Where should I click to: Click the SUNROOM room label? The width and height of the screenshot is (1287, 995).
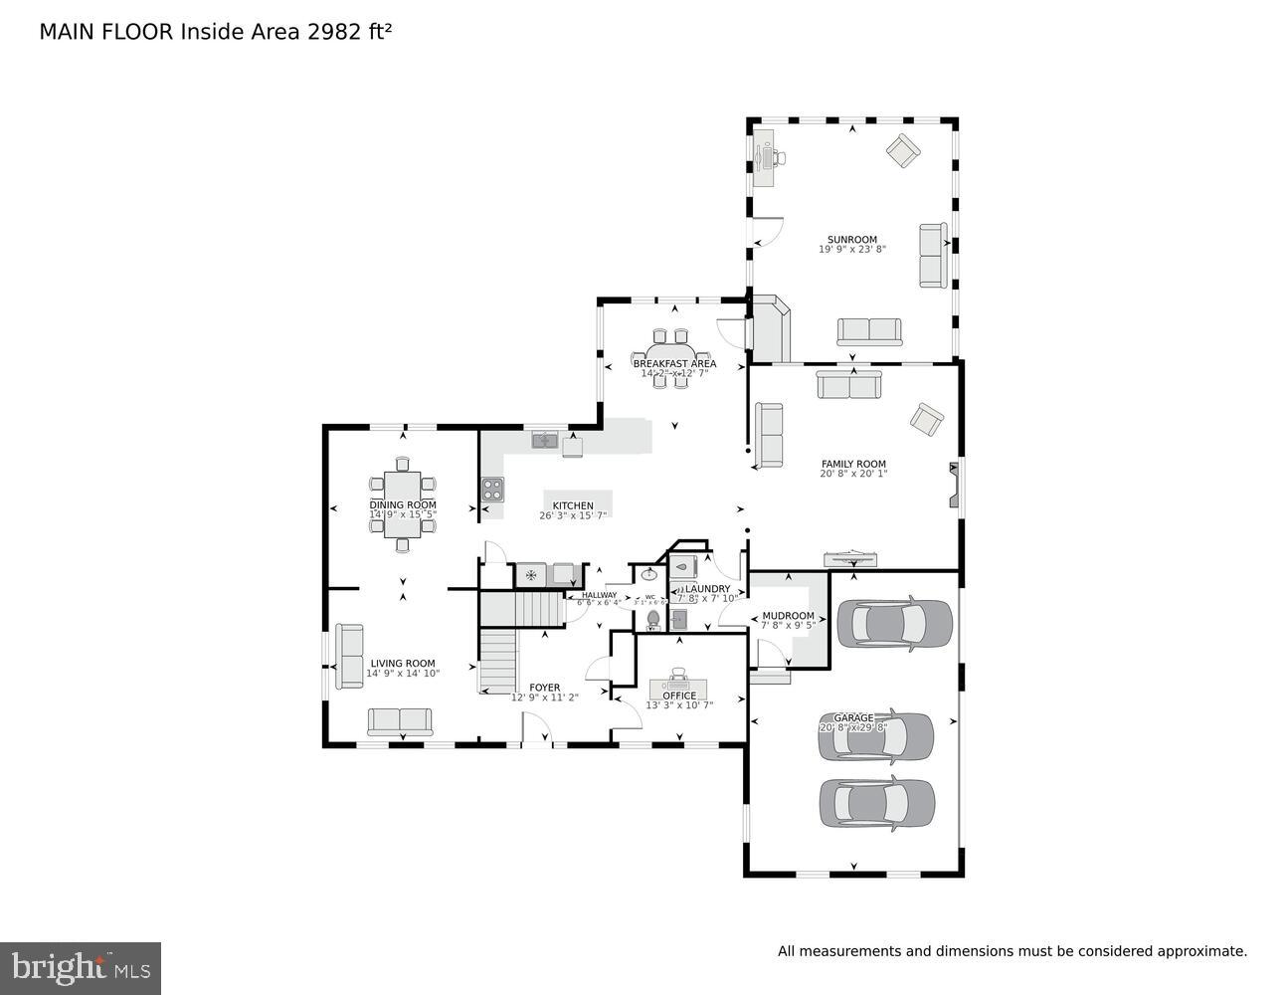tap(852, 240)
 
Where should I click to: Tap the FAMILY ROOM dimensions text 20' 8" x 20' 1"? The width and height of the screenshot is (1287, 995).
tap(852, 474)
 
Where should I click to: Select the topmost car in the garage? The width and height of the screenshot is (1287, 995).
tap(894, 624)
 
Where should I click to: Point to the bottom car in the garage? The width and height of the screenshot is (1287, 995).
tap(876, 803)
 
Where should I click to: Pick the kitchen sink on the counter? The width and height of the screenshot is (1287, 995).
tap(545, 440)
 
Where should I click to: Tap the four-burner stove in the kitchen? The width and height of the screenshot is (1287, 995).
tap(493, 489)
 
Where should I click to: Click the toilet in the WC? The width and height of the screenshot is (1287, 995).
tap(652, 621)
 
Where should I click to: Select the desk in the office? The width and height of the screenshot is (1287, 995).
tap(679, 689)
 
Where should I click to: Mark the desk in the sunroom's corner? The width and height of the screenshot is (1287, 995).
tap(764, 157)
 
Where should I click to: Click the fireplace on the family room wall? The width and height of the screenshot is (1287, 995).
tap(955, 487)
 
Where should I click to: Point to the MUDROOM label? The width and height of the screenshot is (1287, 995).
tap(788, 616)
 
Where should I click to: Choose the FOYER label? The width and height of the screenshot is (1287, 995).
tap(544, 688)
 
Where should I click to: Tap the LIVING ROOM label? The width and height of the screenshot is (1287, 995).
tap(403, 664)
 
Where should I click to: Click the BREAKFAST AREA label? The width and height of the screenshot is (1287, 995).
tap(674, 364)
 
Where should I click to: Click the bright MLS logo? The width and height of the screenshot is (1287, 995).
tap(81, 967)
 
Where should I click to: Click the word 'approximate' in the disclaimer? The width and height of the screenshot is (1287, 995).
tap(1200, 951)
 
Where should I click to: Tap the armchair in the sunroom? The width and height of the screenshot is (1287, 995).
tap(904, 150)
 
